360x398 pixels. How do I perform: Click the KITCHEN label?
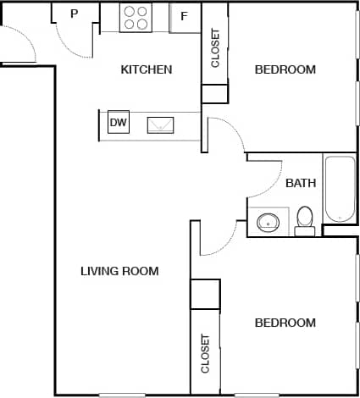(147, 69)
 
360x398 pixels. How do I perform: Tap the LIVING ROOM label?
(119, 271)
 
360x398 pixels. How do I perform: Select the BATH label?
(301, 183)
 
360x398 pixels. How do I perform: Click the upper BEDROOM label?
(285, 69)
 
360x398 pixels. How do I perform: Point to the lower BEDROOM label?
(285, 323)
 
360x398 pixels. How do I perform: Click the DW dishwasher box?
(119, 123)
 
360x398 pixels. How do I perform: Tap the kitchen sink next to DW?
(161, 124)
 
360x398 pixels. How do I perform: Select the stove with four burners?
(136, 18)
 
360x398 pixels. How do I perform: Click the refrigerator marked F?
(184, 17)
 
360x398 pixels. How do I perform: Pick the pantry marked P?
(74, 14)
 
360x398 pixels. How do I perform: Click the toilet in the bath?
(305, 220)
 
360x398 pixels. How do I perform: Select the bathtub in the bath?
(341, 187)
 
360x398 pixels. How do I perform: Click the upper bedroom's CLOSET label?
(215, 49)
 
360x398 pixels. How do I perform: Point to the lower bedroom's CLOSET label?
(205, 352)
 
